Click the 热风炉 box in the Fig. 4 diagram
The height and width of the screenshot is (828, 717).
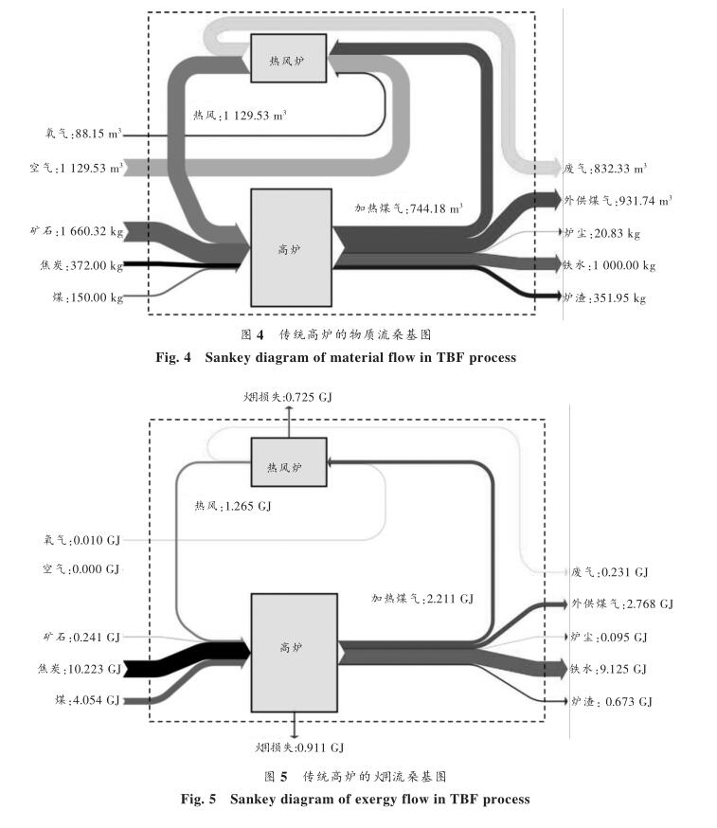point(288,59)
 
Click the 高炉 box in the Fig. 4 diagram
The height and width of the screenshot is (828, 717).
point(290,247)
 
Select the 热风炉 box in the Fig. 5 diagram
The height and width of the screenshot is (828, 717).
point(288,466)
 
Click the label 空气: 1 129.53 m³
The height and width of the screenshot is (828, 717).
point(77,168)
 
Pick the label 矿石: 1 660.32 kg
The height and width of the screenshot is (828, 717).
point(76,231)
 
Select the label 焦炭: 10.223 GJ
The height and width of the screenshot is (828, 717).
point(80,669)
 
